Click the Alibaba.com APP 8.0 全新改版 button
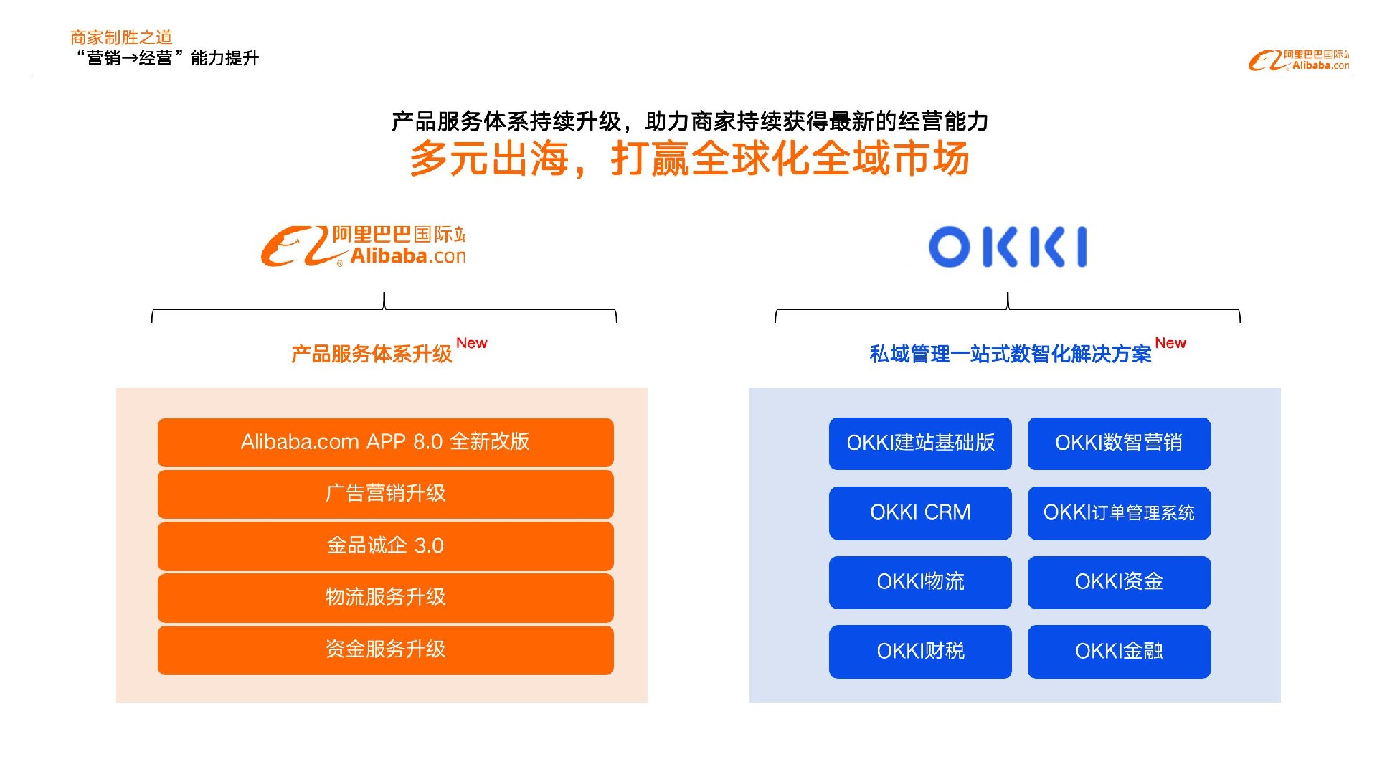click(385, 442)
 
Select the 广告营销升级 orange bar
click(385, 494)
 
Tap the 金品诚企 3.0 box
click(385, 546)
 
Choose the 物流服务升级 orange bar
click(385, 597)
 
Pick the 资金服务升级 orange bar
click(385, 650)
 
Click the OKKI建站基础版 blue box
click(920, 443)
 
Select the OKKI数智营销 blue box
click(1120, 443)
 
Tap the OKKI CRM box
click(920, 513)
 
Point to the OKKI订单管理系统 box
click(1120, 513)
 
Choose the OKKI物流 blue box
click(920, 583)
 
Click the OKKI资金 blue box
click(1120, 583)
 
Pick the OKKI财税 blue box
click(920, 652)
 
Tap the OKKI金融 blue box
click(1120, 652)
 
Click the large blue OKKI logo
click(1008, 247)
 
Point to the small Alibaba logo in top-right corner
click(1299, 60)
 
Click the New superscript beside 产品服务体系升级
click(472, 343)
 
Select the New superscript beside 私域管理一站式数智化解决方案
click(1170, 343)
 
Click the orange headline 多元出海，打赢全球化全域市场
click(689, 159)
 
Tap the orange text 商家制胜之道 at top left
click(121, 37)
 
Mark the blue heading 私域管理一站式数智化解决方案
click(1011, 354)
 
